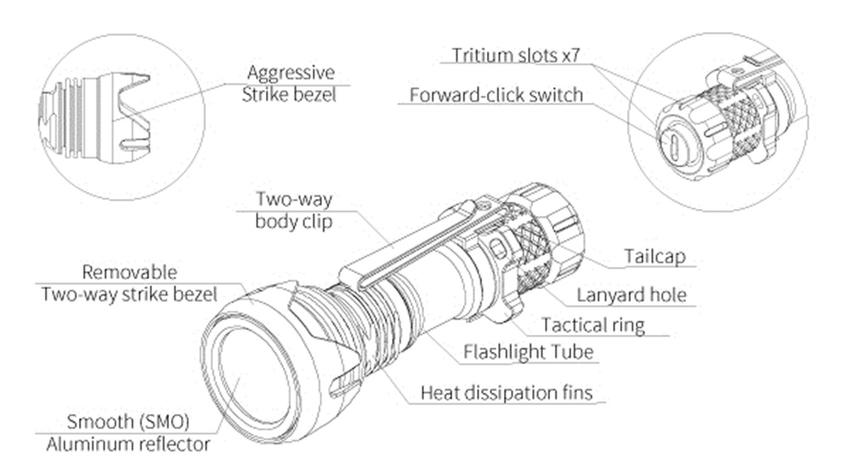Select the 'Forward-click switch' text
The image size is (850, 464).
point(496,94)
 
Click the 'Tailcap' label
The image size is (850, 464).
point(651,256)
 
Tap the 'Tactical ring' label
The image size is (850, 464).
point(592,324)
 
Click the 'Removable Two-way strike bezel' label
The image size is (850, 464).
point(128,283)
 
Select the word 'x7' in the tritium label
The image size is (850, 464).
point(576,56)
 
